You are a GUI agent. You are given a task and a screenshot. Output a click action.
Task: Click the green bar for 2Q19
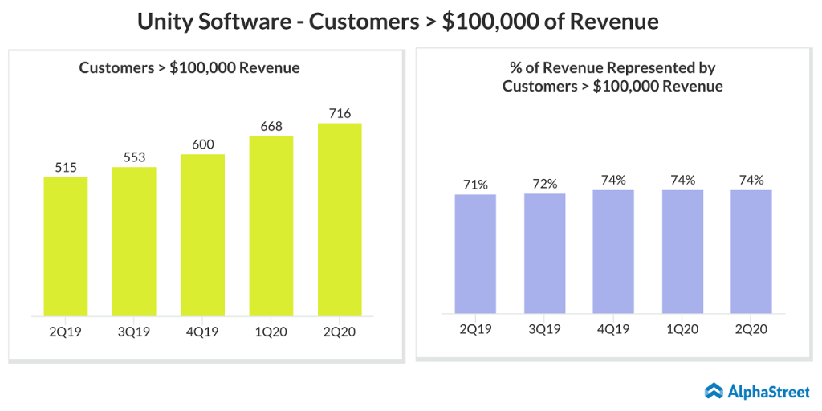click(x=66, y=246)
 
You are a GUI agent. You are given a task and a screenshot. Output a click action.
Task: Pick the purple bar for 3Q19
click(x=544, y=253)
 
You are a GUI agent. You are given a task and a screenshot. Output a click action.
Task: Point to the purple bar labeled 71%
click(x=475, y=254)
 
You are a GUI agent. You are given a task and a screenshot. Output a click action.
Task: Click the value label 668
click(x=271, y=126)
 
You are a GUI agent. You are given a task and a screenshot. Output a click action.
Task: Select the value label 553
click(x=134, y=157)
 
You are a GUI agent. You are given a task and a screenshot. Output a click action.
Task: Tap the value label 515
click(x=66, y=167)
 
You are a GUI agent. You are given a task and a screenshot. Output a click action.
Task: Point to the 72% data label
click(x=544, y=184)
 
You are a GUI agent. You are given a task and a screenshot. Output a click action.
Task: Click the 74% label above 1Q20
click(x=682, y=180)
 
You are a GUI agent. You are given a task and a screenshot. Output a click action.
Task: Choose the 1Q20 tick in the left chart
click(x=271, y=331)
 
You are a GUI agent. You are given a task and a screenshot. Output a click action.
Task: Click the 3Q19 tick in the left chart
click(x=134, y=331)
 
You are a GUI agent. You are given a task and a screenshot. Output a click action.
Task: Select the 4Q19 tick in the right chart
click(x=613, y=328)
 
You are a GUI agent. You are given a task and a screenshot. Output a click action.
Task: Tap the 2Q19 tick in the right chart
click(x=475, y=328)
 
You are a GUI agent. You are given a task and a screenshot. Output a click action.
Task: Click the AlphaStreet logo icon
click(x=714, y=391)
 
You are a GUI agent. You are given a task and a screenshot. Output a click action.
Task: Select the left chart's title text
click(x=189, y=68)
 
